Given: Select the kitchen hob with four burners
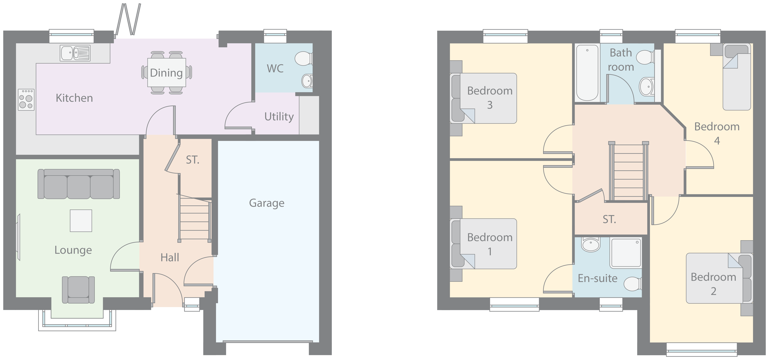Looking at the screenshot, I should pyautogui.click(x=26, y=100).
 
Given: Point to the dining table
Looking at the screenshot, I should pyautogui.click(x=167, y=73).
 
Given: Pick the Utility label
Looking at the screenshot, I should pyautogui.click(x=279, y=116).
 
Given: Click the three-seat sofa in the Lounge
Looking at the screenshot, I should pyautogui.click(x=79, y=184).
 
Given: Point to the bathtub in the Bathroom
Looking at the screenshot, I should pyautogui.click(x=587, y=73).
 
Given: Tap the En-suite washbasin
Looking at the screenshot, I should pyautogui.click(x=591, y=245).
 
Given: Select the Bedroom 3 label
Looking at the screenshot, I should pyautogui.click(x=490, y=98).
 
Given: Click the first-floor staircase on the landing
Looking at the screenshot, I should pyautogui.click(x=628, y=172).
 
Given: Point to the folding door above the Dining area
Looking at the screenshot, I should pyautogui.click(x=128, y=19).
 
